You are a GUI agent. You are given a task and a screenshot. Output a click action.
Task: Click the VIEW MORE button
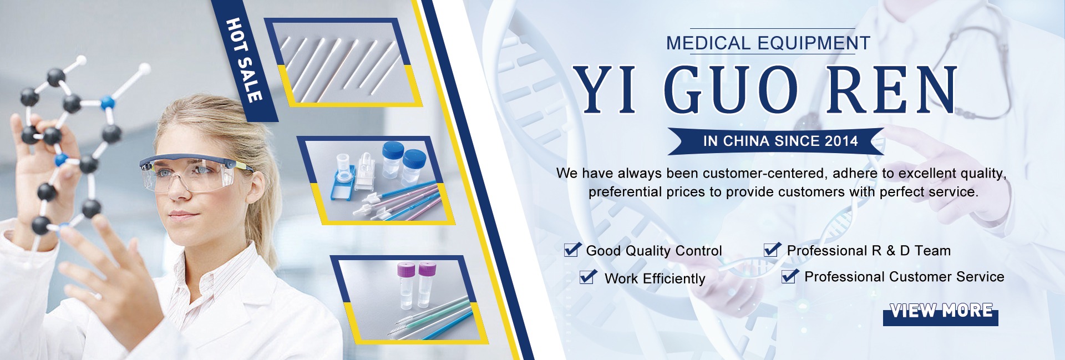(941, 313)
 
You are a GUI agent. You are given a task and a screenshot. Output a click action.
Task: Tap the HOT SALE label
(245, 60)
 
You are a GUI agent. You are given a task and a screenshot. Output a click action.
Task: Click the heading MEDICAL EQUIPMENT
(768, 43)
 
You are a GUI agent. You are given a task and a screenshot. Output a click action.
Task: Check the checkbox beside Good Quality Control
(572, 250)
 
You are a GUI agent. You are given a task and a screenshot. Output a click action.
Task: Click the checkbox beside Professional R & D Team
(772, 250)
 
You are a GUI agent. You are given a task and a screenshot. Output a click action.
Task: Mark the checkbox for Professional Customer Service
(790, 276)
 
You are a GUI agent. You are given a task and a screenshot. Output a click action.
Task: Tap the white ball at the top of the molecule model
(144, 69)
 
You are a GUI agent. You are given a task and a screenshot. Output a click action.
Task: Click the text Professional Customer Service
(904, 277)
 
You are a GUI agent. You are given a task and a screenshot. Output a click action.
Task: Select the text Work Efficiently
(655, 278)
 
